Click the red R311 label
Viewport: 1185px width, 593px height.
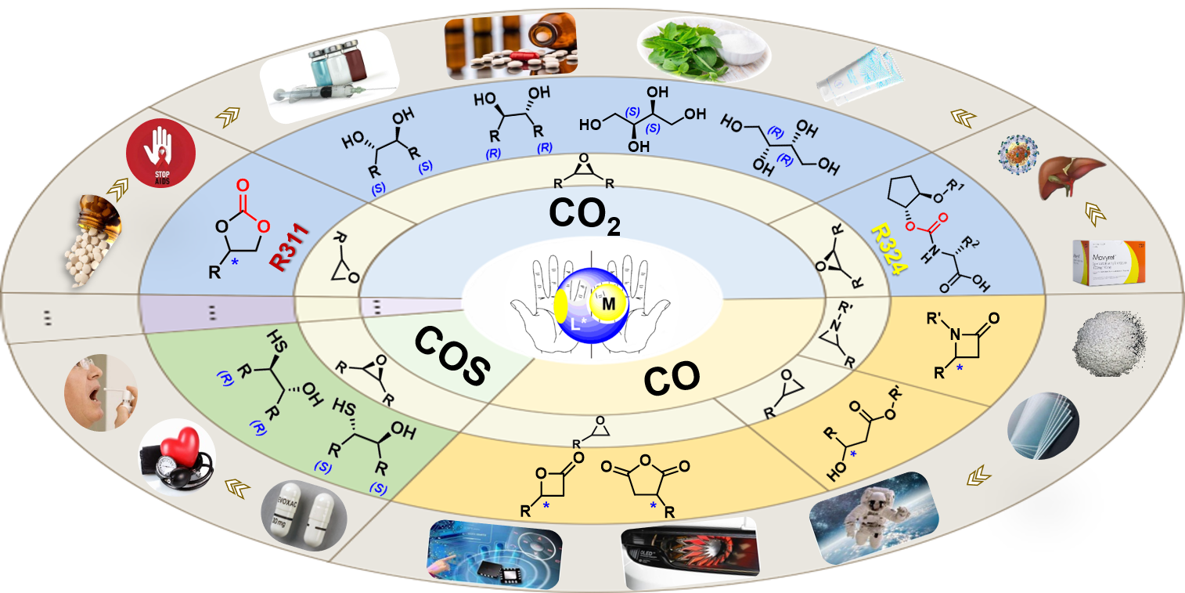tap(288, 247)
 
